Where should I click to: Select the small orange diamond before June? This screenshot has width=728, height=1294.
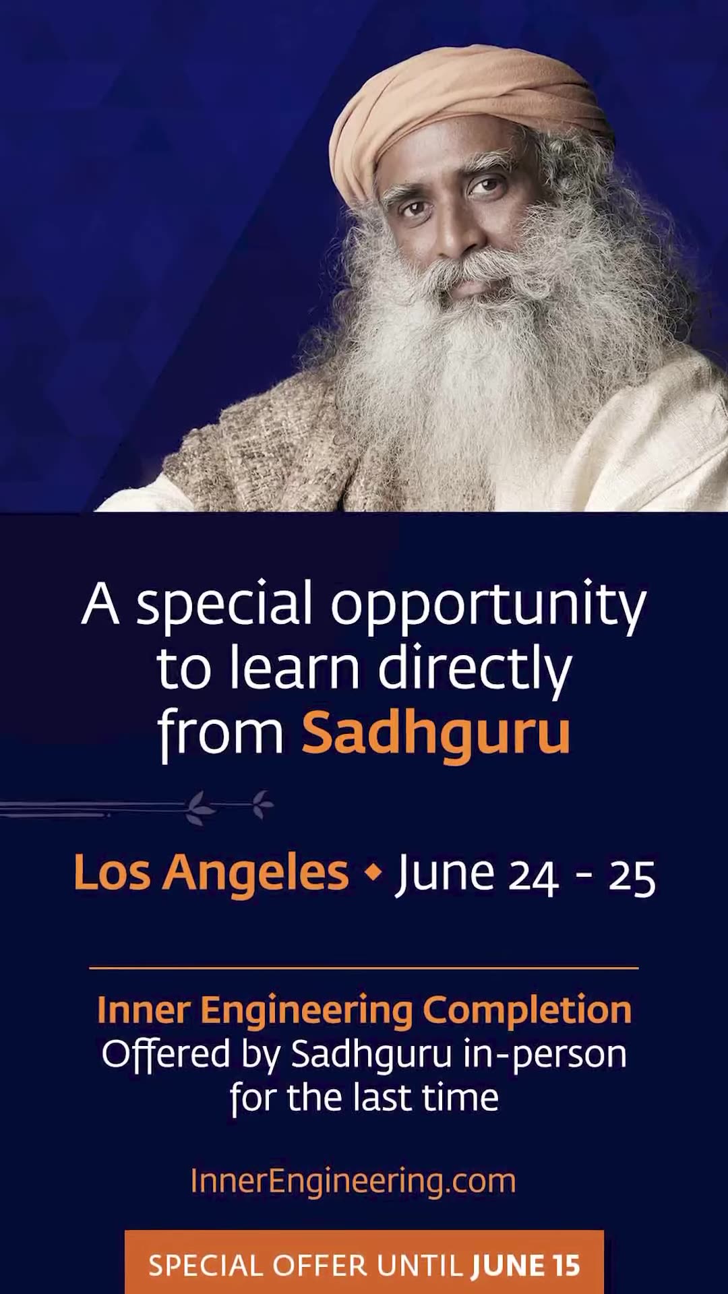[x=373, y=872]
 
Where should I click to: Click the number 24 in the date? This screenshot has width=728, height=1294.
[x=533, y=877]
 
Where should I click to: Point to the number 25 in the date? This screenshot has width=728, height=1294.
[x=632, y=877]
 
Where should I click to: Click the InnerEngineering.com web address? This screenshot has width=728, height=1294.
[x=353, y=1181]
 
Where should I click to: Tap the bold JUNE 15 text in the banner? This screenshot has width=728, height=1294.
[x=526, y=1266]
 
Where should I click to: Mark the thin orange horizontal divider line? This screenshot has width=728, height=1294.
[x=364, y=968]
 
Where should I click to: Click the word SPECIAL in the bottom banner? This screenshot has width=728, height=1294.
[x=205, y=1266]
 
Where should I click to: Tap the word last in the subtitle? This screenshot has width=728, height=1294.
[x=382, y=1098]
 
